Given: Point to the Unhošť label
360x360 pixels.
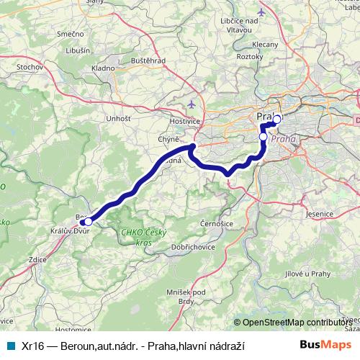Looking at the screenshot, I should (117, 118).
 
